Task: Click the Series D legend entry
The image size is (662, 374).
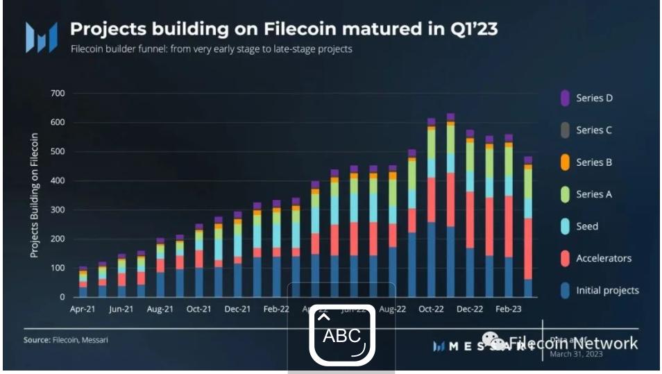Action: pos(594,98)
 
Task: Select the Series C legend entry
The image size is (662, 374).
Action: pos(594,130)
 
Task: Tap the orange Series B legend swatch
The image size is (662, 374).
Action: pos(565,162)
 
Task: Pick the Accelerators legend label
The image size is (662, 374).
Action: pos(603,258)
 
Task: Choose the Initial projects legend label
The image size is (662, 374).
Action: pos(607,290)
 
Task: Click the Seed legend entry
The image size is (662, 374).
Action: pos(586,226)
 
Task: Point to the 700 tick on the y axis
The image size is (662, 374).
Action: pos(58,93)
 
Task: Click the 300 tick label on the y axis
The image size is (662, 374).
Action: pos(58,210)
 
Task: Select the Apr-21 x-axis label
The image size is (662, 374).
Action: pos(83,309)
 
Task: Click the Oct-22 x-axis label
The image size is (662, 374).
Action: pos(431,309)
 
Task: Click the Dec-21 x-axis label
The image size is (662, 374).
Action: pos(237,309)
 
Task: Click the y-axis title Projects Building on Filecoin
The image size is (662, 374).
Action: pos(34,195)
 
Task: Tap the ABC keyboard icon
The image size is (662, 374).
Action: pos(342,336)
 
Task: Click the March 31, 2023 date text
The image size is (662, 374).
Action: pos(576,354)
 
